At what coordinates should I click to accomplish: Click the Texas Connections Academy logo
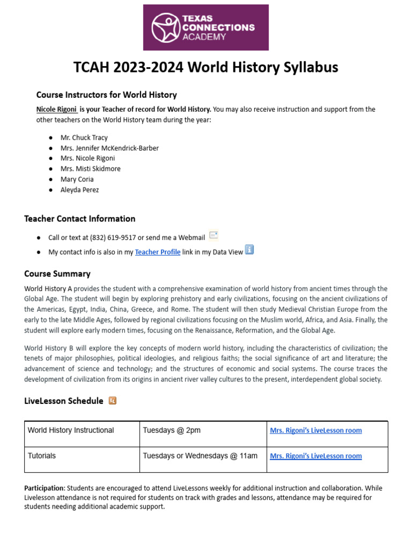point(206,27)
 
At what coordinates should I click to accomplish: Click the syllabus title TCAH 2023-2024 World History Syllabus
point(206,68)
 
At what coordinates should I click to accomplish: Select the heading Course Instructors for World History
point(106,95)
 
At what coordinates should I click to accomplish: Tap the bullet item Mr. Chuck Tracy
point(84,137)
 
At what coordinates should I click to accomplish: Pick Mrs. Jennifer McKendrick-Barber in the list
point(109,148)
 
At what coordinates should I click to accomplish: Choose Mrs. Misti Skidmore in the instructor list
point(90,169)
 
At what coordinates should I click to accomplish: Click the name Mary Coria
point(77,179)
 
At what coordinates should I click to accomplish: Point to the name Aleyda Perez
point(79,190)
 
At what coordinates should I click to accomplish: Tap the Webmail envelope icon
point(214,235)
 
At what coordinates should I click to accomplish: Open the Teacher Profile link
point(157,252)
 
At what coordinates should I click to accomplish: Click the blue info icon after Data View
point(249,250)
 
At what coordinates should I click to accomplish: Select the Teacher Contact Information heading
point(79,219)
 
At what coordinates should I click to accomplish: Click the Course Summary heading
point(57,274)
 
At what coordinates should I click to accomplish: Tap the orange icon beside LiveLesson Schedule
point(113,401)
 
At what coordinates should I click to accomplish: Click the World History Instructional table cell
point(71,430)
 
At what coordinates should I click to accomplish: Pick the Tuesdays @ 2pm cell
point(172,430)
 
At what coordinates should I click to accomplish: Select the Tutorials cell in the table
point(42,456)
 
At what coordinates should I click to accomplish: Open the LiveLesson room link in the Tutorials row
point(315,456)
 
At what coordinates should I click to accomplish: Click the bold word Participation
point(44,488)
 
